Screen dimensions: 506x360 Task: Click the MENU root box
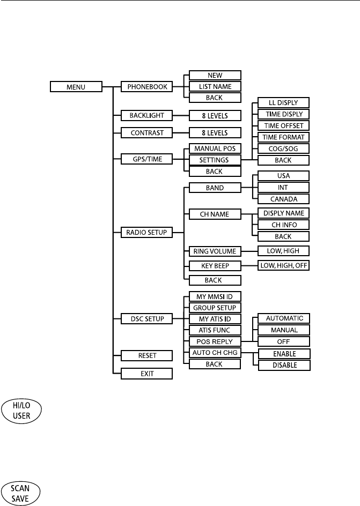pos(76,86)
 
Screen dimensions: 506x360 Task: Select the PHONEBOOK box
pos(146,86)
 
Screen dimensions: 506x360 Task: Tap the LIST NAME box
pos(215,86)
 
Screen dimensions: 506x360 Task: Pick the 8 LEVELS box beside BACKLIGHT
pos(215,115)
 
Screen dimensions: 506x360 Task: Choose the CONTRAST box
pos(146,132)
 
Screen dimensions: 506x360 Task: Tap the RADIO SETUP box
pos(146,233)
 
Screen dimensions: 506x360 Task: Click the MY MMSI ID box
pos(215,296)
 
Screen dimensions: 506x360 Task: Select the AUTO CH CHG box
pos(215,353)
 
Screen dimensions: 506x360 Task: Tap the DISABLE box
pos(284,365)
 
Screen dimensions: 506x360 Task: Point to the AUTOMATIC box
pos(284,318)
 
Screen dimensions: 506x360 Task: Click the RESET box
pos(146,355)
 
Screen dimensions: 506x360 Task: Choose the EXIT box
pos(146,374)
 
